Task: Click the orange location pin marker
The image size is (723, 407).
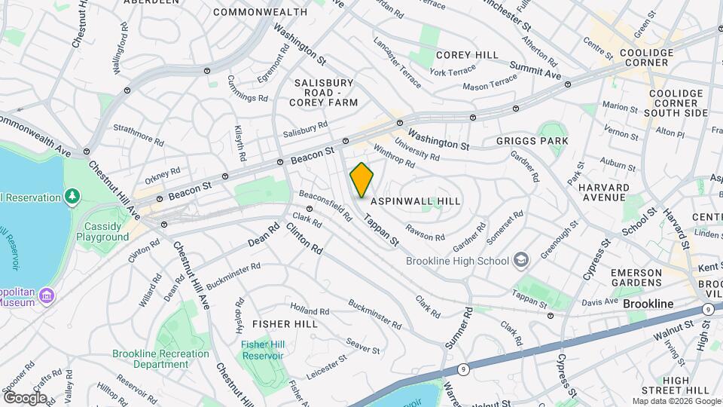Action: [361, 180]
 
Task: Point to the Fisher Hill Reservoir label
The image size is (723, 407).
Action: [262, 350]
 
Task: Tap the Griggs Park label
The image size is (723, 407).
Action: [532, 141]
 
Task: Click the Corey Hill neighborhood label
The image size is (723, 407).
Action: [467, 55]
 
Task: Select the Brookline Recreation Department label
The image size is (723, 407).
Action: [160, 359]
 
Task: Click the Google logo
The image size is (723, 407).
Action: [25, 397]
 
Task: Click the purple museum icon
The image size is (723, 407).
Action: [47, 295]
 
